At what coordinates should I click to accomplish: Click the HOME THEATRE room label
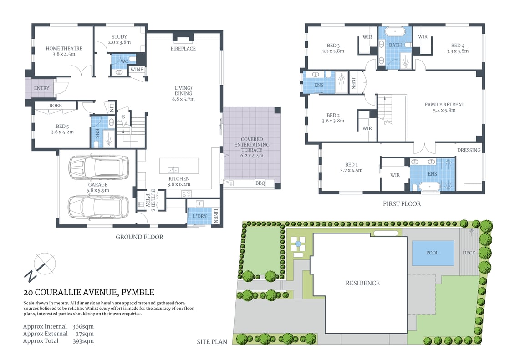(x=64, y=48)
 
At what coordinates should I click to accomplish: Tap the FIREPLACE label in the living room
(x=183, y=48)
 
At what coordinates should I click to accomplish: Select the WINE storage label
(x=137, y=70)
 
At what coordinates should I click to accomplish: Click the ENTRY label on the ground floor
(x=41, y=88)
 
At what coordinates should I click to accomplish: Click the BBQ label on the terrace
(x=260, y=183)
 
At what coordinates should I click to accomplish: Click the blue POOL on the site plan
(x=433, y=253)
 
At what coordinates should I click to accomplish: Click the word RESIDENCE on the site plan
(x=362, y=283)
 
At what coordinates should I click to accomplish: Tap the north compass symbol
(x=41, y=267)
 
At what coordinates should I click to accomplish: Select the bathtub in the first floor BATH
(x=394, y=32)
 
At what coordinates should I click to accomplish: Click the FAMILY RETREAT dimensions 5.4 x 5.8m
(x=444, y=110)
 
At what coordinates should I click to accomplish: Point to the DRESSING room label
(x=469, y=150)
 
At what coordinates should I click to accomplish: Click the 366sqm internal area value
(x=83, y=326)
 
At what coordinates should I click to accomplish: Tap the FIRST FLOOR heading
(x=402, y=204)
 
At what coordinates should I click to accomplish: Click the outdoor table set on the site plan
(x=298, y=244)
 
